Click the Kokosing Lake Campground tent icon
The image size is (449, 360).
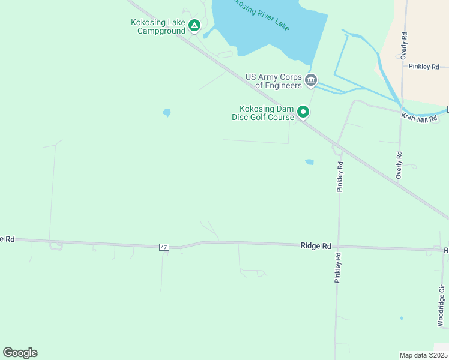coord(194,25)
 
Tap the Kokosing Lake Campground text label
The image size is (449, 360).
coord(158,26)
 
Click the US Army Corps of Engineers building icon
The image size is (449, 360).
coord(311,80)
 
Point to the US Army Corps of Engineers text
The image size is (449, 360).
coord(274,81)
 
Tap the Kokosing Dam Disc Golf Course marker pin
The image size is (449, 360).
coord(304,112)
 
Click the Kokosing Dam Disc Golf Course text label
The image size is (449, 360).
coord(267,113)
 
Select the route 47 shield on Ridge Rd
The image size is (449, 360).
coord(164,247)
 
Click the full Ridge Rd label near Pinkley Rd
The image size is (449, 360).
coord(316,246)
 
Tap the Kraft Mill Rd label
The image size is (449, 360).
coord(420,118)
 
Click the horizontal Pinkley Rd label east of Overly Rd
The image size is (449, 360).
coord(424,67)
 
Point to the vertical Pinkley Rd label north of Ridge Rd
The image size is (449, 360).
coord(340,176)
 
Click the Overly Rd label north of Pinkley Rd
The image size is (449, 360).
coord(405,45)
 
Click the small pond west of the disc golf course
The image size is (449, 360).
coord(166,112)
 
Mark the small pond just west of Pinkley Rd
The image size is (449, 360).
coord(309,162)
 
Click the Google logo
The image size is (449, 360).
coord(20,353)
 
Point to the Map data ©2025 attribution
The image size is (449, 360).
coord(423,355)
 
